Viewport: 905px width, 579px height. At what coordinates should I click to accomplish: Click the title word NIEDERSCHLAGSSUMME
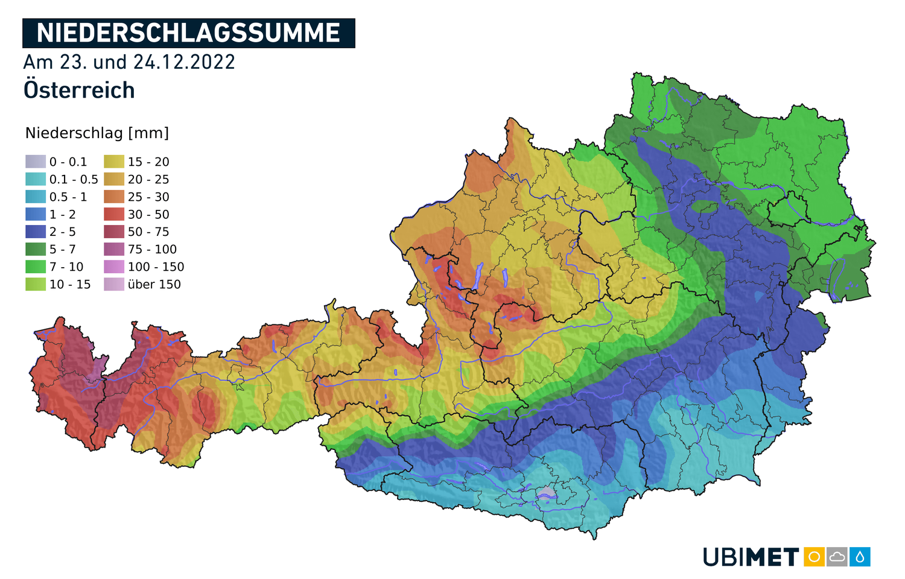[188, 33]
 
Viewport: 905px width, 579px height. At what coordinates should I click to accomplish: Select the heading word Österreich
[79, 90]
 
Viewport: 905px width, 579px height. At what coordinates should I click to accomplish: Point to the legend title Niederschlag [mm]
[97, 133]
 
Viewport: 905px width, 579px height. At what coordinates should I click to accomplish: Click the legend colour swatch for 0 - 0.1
[35, 162]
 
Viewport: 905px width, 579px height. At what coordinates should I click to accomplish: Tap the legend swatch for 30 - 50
[113, 214]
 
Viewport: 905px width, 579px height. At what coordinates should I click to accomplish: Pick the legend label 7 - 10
[66, 267]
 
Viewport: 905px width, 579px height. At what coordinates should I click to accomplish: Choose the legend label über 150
[154, 284]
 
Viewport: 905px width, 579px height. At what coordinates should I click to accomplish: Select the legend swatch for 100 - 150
[113, 267]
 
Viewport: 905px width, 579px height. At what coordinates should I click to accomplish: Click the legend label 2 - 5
[62, 232]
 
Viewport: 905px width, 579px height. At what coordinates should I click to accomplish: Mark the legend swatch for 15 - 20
[113, 162]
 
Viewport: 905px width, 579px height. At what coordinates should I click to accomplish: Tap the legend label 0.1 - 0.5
[74, 179]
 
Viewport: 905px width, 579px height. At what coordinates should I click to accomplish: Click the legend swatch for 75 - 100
[113, 249]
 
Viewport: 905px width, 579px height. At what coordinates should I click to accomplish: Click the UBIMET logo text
[751, 557]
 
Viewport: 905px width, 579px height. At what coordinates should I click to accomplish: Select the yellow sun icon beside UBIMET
[814, 557]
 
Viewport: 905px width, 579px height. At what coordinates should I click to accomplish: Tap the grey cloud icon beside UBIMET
[837, 557]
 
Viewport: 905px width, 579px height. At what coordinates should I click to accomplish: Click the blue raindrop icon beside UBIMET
[860, 557]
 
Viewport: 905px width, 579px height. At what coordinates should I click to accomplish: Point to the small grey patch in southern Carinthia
[546, 492]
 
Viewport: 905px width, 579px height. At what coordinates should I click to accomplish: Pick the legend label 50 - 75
[148, 232]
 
